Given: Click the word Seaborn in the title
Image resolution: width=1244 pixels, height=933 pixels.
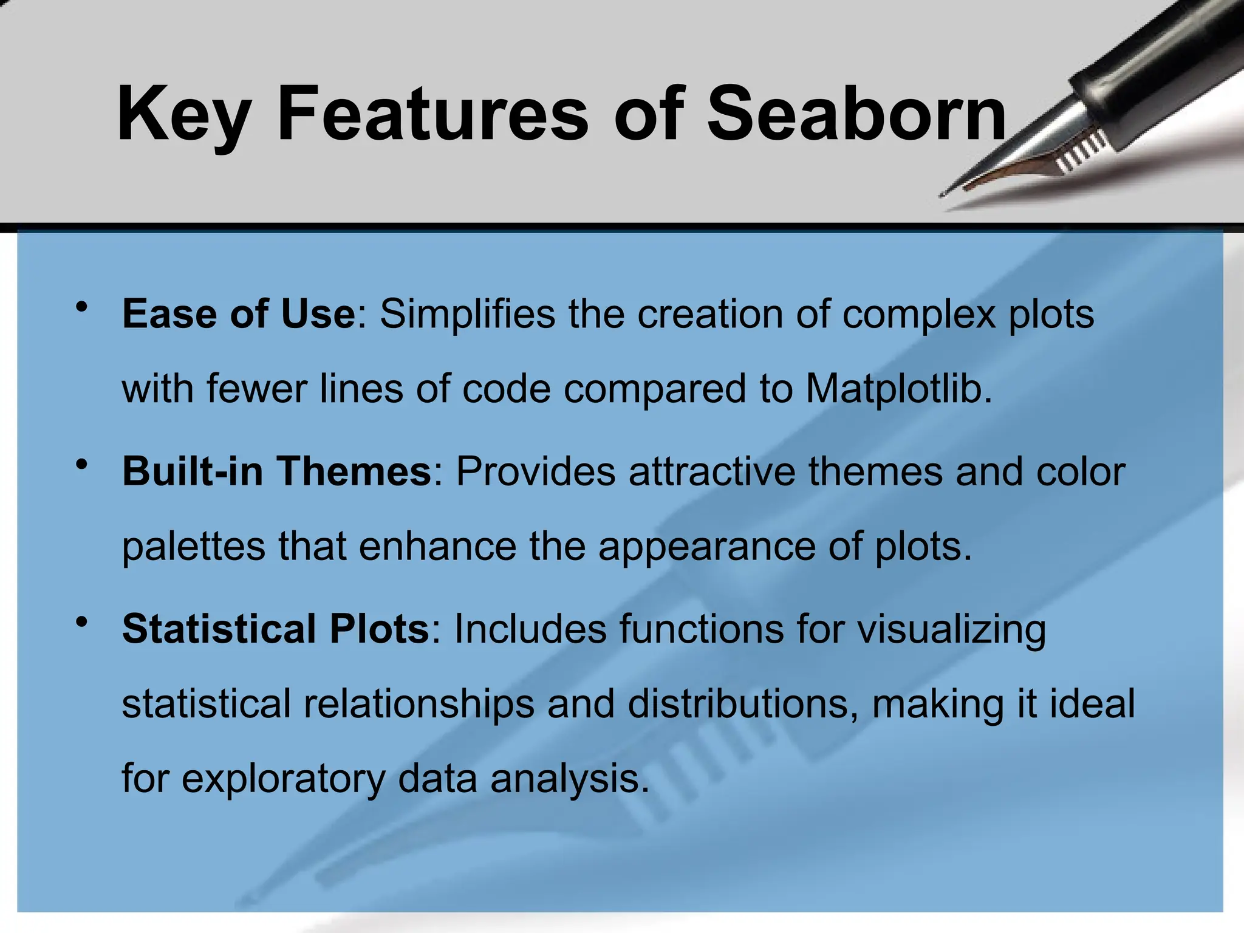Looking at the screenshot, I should [x=856, y=114].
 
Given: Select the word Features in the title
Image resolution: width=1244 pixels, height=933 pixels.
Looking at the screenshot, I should [x=432, y=114].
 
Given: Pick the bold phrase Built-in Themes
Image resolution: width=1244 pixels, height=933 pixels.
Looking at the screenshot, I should [x=276, y=471].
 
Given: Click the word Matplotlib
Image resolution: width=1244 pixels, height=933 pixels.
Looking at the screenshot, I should [x=899, y=389].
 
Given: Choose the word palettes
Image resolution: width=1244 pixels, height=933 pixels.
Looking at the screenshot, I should [x=193, y=547].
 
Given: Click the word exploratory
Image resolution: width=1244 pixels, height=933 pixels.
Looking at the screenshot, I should [x=283, y=779].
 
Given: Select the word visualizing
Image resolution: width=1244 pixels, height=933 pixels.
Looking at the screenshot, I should [x=951, y=629].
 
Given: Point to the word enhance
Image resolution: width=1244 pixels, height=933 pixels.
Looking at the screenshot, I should [x=437, y=546].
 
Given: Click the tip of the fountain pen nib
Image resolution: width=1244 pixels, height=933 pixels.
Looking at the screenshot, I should [x=942, y=195].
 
